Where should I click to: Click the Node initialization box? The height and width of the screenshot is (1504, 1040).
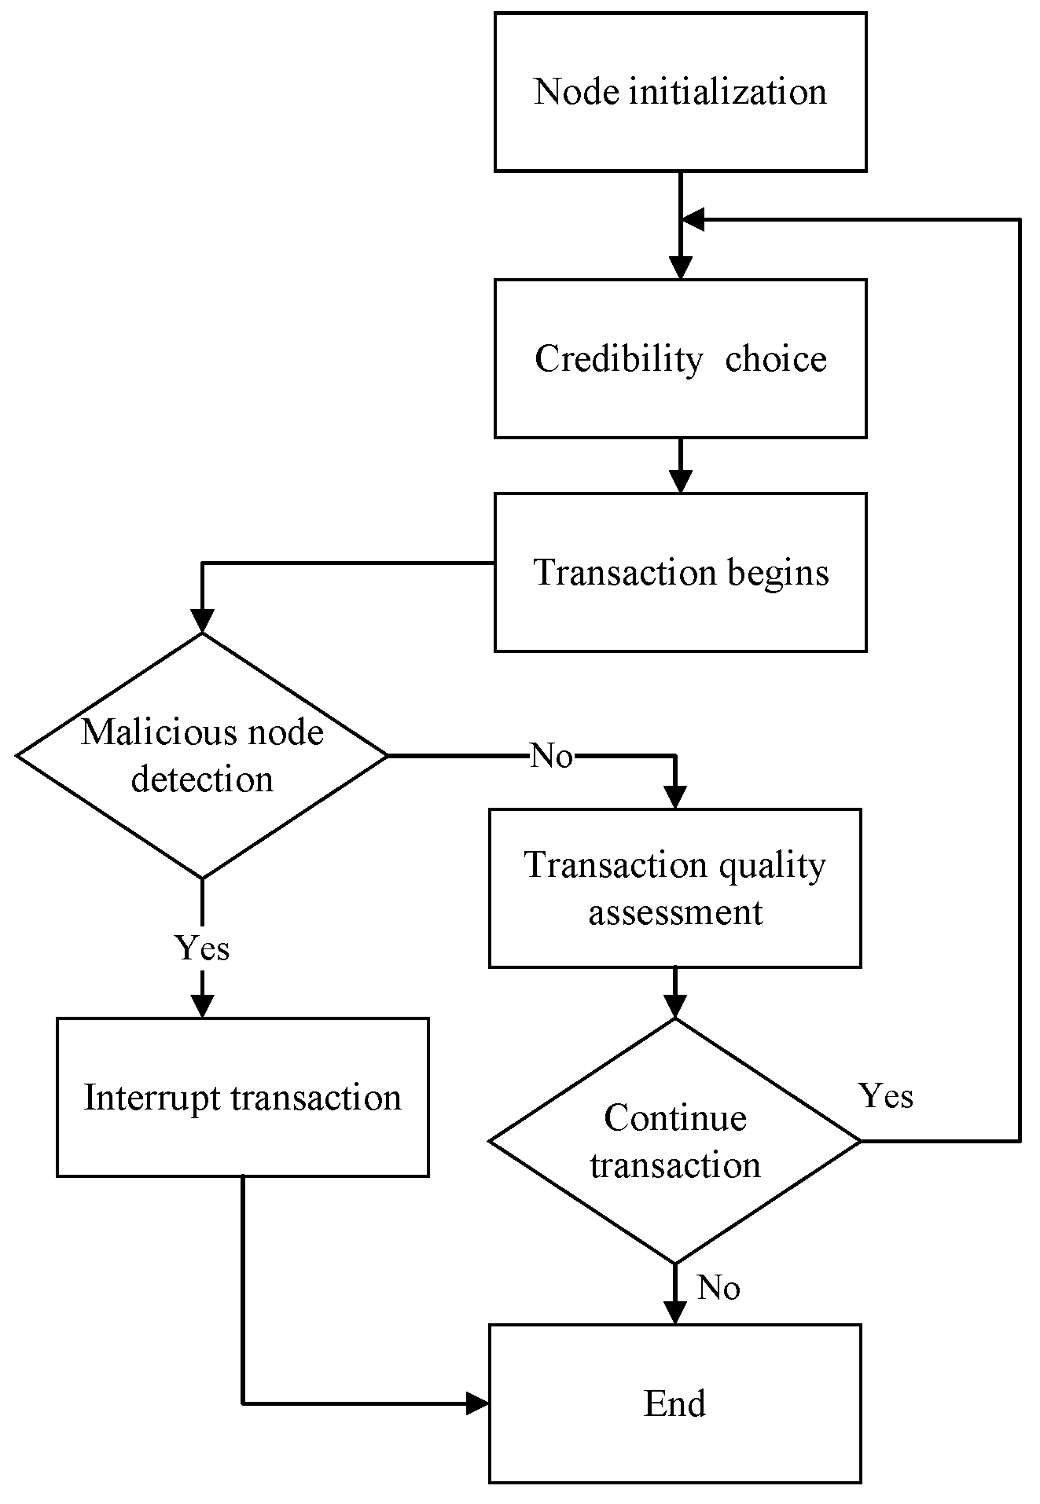[x=680, y=92]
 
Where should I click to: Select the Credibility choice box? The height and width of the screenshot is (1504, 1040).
[x=680, y=358]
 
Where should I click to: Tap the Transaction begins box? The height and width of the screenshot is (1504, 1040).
[x=680, y=572]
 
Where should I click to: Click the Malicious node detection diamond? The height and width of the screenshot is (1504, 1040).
[x=202, y=755]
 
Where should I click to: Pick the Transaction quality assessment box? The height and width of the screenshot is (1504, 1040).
[x=674, y=888]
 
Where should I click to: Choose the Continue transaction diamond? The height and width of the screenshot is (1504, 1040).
[x=674, y=1140]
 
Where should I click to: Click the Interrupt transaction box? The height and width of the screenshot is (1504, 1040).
[x=242, y=1097]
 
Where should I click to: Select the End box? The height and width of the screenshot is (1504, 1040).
[x=674, y=1403]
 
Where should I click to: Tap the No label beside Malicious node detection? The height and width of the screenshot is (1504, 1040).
[x=552, y=756]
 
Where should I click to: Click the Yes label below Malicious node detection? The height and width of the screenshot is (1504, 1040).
[x=202, y=948]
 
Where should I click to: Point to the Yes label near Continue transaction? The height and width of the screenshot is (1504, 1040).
[x=886, y=1095]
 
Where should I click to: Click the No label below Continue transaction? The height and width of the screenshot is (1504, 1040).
[x=718, y=1288]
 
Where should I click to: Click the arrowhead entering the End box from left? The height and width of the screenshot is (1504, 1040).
[x=477, y=1403]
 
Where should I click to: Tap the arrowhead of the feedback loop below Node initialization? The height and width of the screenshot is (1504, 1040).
[x=693, y=220]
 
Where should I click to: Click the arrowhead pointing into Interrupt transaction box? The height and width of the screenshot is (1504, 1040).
[x=202, y=1006]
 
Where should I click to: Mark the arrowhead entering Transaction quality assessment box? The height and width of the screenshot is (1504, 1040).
[x=674, y=797]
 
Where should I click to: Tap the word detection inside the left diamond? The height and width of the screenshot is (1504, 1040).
[x=202, y=779]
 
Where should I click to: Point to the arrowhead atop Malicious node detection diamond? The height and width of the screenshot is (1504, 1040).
[x=202, y=621]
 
